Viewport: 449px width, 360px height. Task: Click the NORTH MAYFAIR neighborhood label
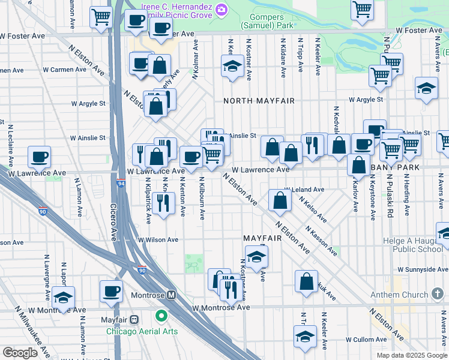[259, 101]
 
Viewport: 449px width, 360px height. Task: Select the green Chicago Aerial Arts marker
[161, 316]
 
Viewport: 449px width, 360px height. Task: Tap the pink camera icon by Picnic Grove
[221, 8]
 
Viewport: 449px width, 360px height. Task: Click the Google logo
[20, 353]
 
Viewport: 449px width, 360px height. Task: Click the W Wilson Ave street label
[158, 239]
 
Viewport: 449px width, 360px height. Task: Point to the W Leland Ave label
[304, 190]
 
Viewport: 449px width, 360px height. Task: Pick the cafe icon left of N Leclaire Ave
[40, 157]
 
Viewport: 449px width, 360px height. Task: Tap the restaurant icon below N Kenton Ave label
[163, 203]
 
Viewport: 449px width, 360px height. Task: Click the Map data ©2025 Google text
[411, 355]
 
